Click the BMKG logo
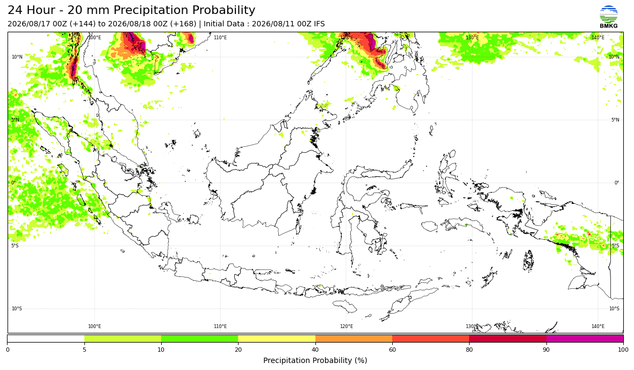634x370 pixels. pyautogui.click(x=609, y=17)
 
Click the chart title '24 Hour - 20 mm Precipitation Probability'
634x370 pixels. pyautogui.click(x=132, y=10)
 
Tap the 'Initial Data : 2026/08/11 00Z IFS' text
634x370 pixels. pyautogui.click(x=264, y=24)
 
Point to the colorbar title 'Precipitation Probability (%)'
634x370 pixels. pyautogui.click(x=315, y=360)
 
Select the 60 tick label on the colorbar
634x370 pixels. pyautogui.click(x=392, y=350)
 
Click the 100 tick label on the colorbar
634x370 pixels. pyautogui.click(x=623, y=350)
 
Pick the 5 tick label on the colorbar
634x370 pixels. pyautogui.click(x=84, y=350)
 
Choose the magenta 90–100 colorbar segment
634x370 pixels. pyautogui.click(x=585, y=339)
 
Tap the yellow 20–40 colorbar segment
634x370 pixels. pyautogui.click(x=277, y=339)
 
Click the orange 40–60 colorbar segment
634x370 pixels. pyautogui.click(x=354, y=339)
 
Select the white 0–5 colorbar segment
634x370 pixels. pyautogui.click(x=46, y=339)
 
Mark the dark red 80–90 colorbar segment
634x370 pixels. pyautogui.click(x=508, y=339)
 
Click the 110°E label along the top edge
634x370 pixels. pyautogui.click(x=220, y=38)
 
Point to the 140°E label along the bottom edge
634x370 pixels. pyautogui.click(x=598, y=326)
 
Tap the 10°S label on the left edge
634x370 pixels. pyautogui.click(x=17, y=309)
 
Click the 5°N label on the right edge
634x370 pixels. pyautogui.click(x=615, y=120)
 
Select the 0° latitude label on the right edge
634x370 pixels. pyautogui.click(x=617, y=182)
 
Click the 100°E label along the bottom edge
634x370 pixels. pyautogui.click(x=95, y=326)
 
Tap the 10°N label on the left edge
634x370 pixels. pyautogui.click(x=17, y=57)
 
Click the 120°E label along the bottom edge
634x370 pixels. pyautogui.click(x=347, y=326)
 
